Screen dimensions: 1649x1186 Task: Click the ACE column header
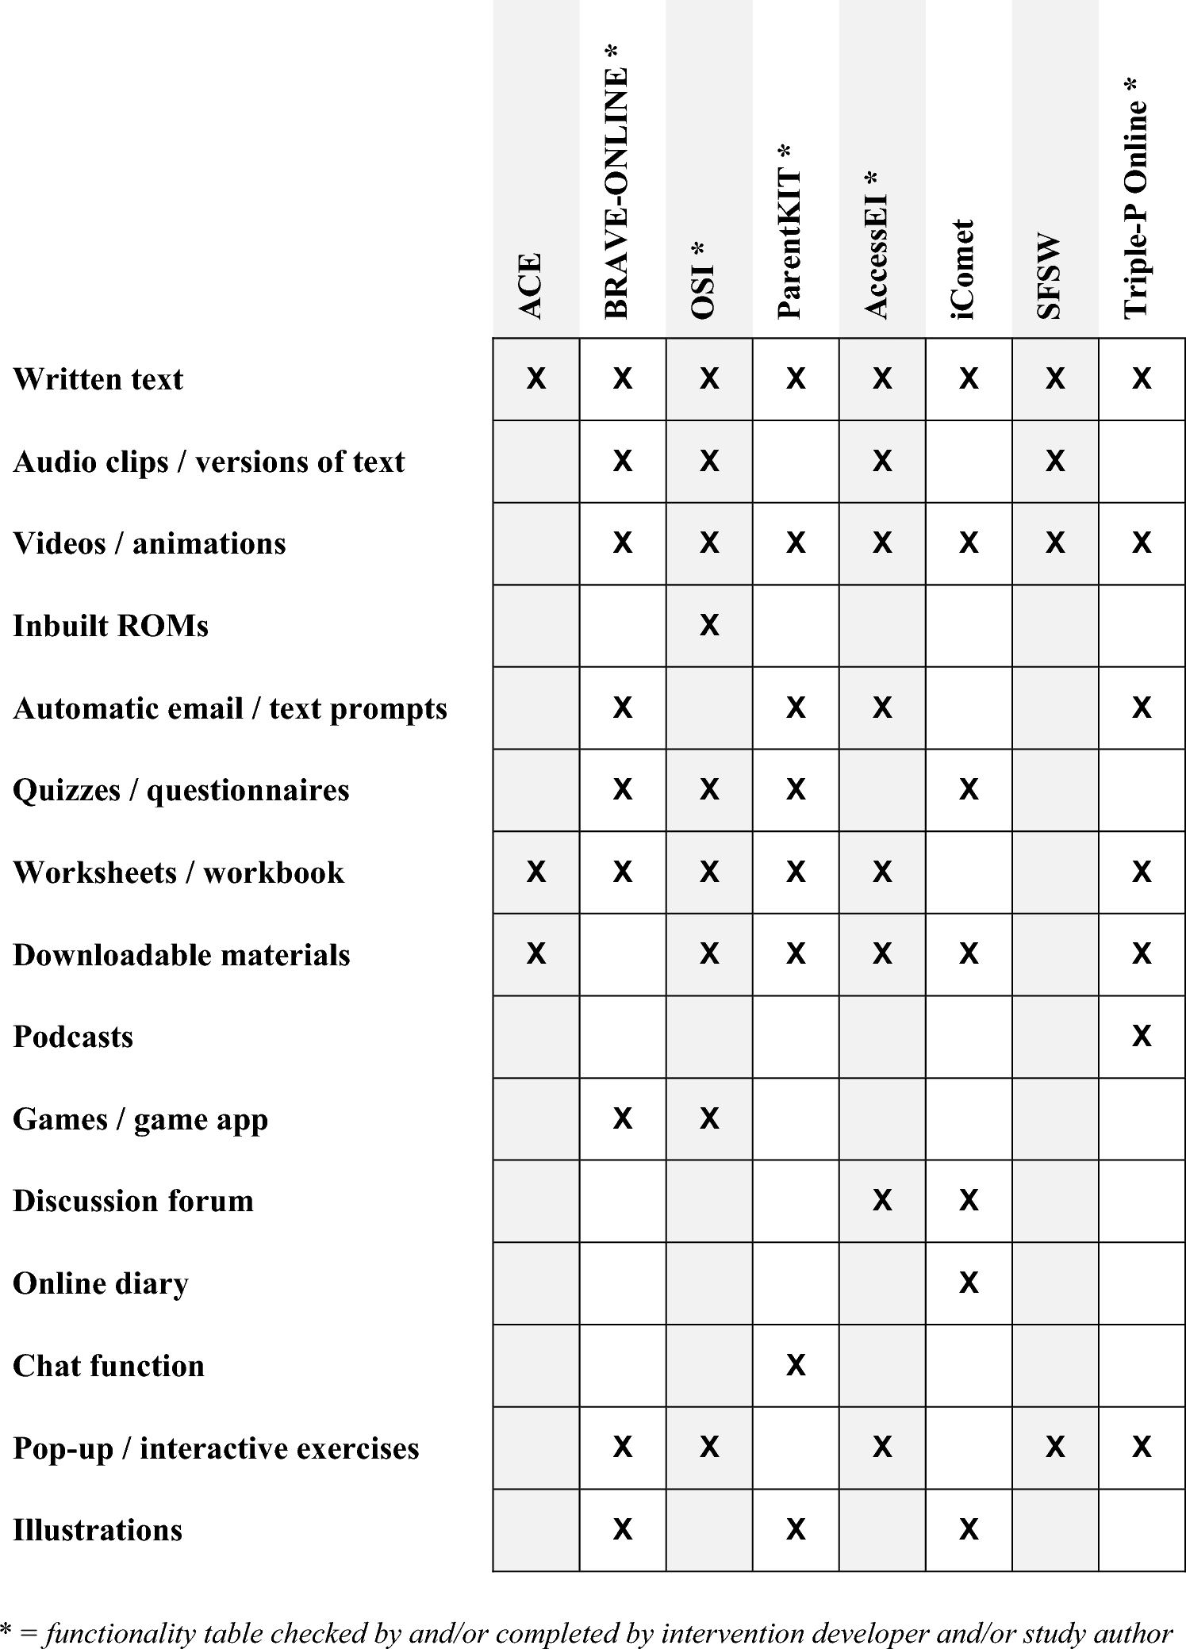tap(530, 286)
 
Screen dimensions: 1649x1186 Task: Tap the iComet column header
tap(963, 270)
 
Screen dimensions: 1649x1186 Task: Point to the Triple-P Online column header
tap(1136, 198)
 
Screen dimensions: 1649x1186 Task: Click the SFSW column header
tap(1049, 276)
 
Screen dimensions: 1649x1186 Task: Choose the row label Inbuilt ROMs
tap(110, 626)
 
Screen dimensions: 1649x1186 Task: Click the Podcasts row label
tap(73, 1037)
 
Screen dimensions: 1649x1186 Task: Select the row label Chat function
tap(109, 1365)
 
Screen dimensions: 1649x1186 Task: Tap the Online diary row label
tap(101, 1283)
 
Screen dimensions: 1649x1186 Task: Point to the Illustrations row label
tap(98, 1529)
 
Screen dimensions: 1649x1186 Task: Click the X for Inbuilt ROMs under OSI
tap(709, 626)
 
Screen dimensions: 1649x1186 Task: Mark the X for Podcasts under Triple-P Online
tap(1142, 1036)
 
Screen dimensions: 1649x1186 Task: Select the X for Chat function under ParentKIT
tap(796, 1365)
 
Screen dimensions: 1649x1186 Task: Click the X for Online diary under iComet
tap(969, 1283)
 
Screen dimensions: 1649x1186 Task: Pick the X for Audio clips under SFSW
tap(1055, 461)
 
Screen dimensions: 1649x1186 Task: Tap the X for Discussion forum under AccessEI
tap(882, 1200)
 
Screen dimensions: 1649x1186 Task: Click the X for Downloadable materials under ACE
tap(536, 953)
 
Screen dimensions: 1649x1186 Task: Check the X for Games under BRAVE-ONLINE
tap(623, 1118)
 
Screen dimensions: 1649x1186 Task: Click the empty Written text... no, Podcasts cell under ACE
tap(536, 1036)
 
